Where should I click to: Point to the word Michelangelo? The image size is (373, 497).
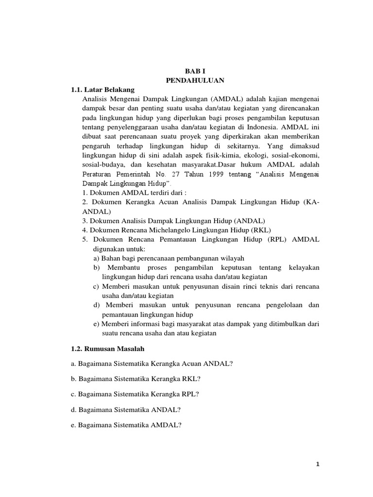pyautogui.click(x=169, y=230)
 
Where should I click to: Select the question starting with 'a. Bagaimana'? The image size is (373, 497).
pyautogui.click(x=152, y=364)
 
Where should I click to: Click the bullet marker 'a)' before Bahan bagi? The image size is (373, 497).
pyautogui.click(x=96, y=258)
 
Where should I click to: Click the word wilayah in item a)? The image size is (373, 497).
pyautogui.click(x=233, y=258)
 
